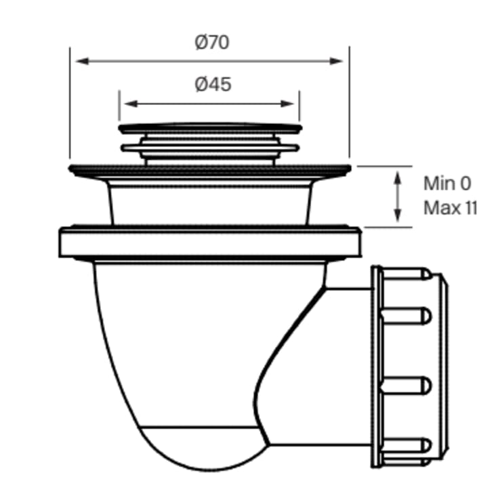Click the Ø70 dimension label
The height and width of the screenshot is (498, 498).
point(212,42)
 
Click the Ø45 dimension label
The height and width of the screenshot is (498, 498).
point(213,85)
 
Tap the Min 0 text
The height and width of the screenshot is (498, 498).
point(447,184)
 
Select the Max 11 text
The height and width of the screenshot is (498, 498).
point(451,208)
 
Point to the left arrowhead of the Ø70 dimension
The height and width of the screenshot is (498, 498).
point(82,61)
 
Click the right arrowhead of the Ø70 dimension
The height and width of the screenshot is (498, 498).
point(337,61)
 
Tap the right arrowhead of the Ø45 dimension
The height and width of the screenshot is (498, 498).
point(287,104)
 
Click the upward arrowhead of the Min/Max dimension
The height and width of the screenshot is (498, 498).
point(397,178)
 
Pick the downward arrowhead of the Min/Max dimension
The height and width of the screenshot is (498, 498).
point(397,215)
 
